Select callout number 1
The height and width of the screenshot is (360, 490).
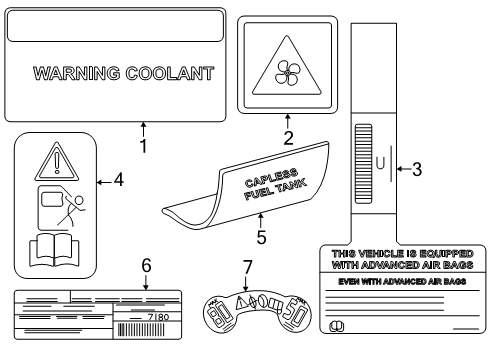pos(143,146)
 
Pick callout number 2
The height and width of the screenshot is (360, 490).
pos(288,138)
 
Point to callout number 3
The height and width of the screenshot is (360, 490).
pos(418,169)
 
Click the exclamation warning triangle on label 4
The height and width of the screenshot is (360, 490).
pos(54,159)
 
